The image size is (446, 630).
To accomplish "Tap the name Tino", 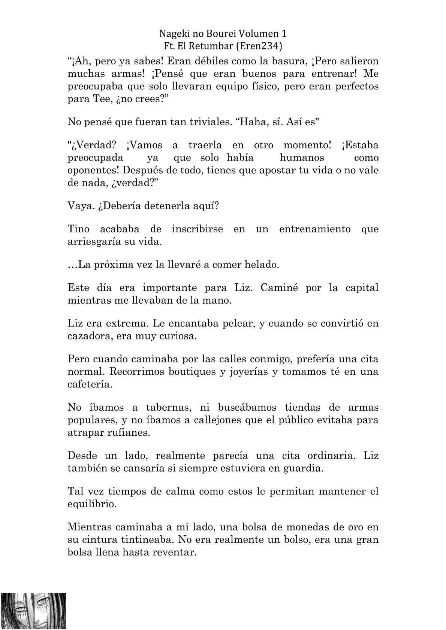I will pos(78,229).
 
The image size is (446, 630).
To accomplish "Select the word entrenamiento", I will pos(314,229).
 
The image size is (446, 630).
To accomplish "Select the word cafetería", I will pos(90,384).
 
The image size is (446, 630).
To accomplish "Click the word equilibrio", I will pos(92,504).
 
